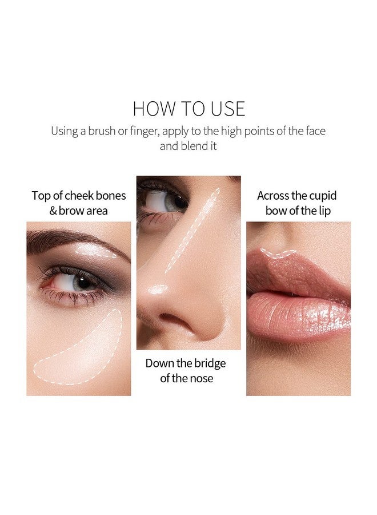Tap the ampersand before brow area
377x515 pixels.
coord(53,211)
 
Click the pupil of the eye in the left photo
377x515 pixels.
coord(83,283)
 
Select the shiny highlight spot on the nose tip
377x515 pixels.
coord(158,289)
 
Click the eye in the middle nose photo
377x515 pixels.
coord(164,201)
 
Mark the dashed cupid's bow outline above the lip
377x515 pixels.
coord(278,253)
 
